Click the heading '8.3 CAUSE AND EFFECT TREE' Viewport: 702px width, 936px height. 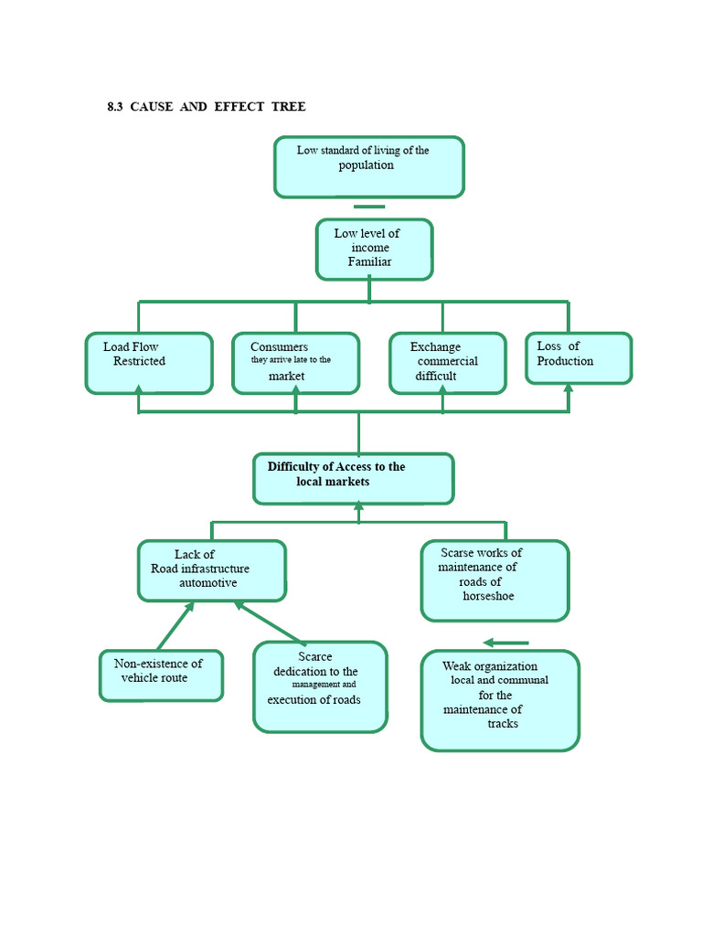(x=207, y=107)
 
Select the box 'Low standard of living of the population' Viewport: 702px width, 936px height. (x=368, y=166)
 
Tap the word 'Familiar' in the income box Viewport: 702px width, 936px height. (x=369, y=262)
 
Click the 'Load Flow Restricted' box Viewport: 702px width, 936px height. (x=149, y=363)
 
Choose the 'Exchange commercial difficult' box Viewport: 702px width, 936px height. (x=447, y=363)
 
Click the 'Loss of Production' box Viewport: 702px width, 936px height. (x=579, y=357)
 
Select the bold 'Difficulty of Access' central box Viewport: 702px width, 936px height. (x=353, y=478)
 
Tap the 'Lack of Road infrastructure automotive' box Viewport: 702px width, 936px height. (x=211, y=570)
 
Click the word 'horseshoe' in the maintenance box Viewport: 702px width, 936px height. (x=488, y=596)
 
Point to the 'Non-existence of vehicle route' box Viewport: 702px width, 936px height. (x=161, y=675)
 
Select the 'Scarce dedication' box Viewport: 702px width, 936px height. (x=320, y=686)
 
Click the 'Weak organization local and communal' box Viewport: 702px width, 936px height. (x=499, y=700)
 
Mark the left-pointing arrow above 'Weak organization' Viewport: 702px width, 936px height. (x=505, y=643)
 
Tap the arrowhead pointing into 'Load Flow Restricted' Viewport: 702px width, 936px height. (x=139, y=390)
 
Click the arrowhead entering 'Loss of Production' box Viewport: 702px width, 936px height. (x=568, y=388)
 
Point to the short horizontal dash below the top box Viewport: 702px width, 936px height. (x=369, y=207)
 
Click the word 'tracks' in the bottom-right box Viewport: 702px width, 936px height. (x=503, y=724)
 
